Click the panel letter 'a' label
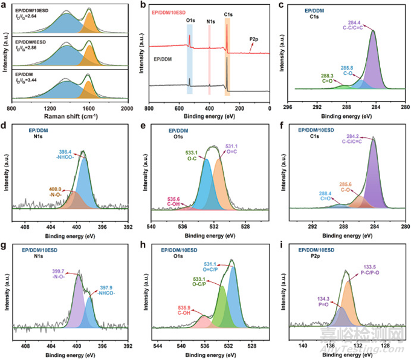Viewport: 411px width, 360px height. coord(5,5)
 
